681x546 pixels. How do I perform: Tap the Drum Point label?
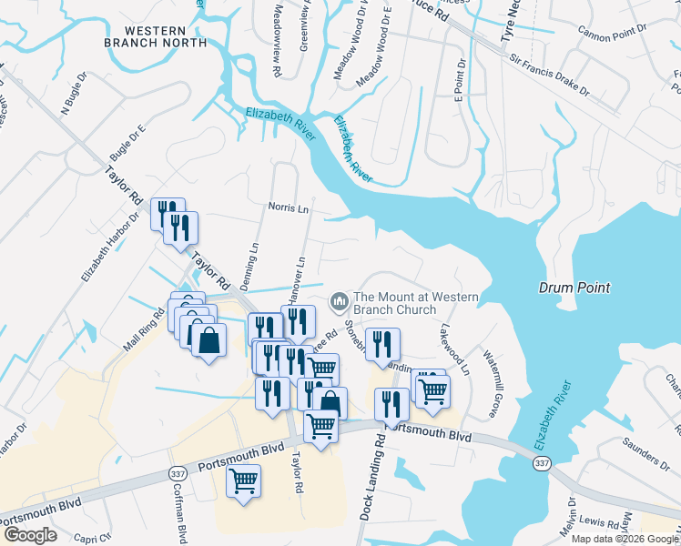(574, 288)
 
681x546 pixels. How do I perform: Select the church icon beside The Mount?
(340, 299)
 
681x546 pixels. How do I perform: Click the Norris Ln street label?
(288, 207)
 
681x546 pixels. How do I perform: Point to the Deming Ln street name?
(253, 260)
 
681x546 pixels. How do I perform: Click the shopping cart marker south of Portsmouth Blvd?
(243, 480)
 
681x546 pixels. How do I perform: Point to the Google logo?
(30, 535)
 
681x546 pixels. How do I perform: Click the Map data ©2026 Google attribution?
(625, 539)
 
